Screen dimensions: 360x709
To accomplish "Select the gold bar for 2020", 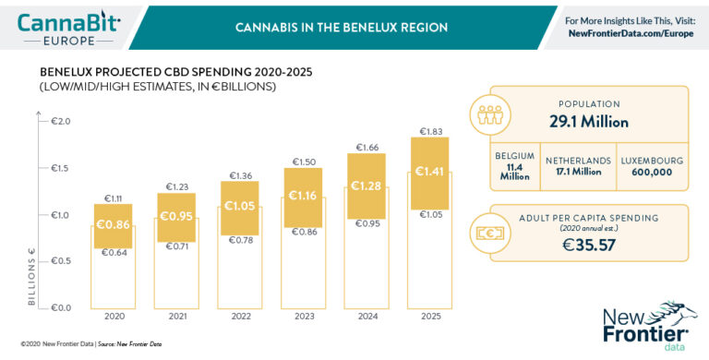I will (114, 225).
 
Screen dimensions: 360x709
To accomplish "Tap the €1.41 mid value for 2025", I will (430, 172).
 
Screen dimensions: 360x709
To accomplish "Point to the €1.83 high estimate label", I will (430, 131).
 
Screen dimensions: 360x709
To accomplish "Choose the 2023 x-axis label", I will (304, 316).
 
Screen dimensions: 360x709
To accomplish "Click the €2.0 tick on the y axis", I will (61, 121).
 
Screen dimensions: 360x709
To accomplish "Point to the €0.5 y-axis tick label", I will (61, 261).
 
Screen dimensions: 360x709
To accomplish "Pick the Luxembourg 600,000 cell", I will (651, 166).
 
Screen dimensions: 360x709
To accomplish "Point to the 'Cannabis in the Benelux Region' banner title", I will (341, 27).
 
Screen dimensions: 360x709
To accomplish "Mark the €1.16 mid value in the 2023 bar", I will (304, 196).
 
